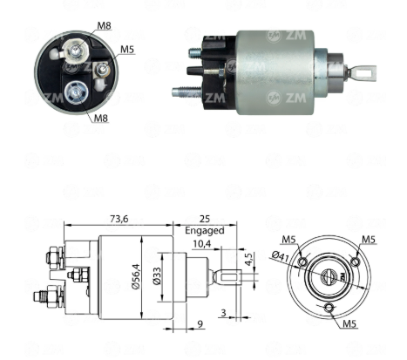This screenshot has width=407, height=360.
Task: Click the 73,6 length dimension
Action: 119,219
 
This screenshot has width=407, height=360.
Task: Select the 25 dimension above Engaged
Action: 205,219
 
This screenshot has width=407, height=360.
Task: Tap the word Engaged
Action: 205,231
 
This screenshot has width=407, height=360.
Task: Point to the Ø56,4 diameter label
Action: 136,276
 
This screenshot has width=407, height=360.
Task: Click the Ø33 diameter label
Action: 157,276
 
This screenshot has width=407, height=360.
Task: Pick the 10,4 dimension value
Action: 201,244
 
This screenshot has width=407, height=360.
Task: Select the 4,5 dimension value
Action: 248,259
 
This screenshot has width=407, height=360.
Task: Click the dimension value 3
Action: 223,313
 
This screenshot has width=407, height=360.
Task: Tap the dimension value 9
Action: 200,324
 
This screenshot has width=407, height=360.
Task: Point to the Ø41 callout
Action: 281,256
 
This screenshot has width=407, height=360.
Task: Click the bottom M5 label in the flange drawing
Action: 349,323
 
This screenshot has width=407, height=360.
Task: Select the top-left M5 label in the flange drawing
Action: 288,240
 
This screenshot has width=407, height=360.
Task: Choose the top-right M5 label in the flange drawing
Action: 369,240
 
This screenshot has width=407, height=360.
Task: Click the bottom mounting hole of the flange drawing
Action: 329,308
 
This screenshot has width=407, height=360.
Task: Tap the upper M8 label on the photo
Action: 104,25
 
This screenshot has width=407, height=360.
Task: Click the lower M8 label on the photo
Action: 101,118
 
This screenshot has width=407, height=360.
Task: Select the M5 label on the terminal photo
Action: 127,50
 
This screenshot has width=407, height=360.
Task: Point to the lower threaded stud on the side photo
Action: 186,92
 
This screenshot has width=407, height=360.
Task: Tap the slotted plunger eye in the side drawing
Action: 228,277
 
